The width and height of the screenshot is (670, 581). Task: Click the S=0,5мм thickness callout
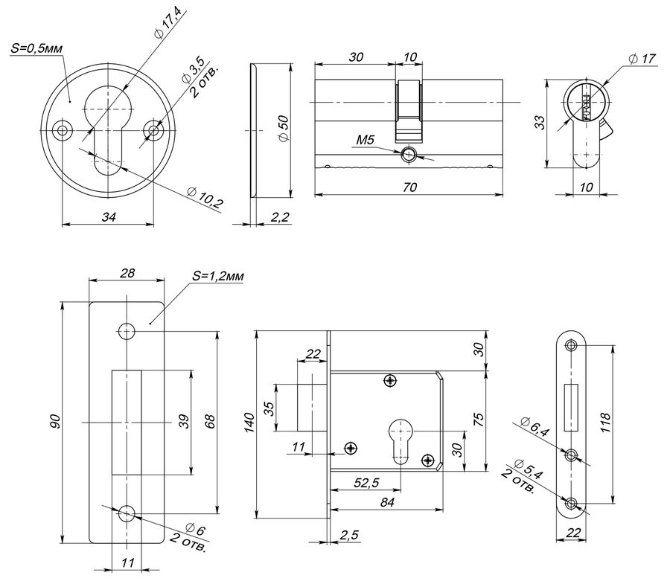pos(36,48)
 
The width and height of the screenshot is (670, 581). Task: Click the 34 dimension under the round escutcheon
pos(109,217)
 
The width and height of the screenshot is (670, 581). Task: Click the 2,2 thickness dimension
pos(280,217)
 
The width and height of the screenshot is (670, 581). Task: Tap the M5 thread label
pos(365,140)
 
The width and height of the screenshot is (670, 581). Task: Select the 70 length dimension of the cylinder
pos(409,187)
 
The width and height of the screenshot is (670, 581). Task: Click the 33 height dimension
pos(540,123)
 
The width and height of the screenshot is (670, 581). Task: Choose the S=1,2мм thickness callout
pos(218,276)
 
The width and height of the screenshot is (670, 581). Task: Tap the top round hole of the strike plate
pos(127,331)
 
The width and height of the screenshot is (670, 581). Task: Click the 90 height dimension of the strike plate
pos(56,422)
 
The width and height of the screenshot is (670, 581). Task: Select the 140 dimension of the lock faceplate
pos(249,423)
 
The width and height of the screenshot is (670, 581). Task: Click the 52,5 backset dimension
pos(366,483)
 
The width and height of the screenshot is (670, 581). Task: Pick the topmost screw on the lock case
pos(391,380)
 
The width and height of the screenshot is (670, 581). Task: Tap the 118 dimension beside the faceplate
pos(605,423)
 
